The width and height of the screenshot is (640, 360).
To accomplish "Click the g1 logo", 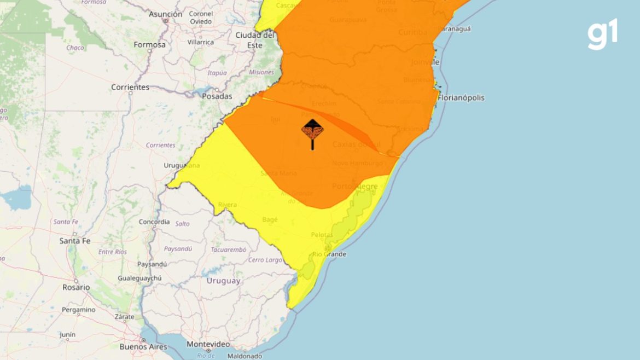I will coord(603,34).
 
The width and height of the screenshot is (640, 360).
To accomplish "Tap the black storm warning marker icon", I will coord(312,131).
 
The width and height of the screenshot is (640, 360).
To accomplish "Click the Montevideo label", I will coord(208,344).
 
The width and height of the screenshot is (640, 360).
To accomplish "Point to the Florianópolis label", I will coord(461,98).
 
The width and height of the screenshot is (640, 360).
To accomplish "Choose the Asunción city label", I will coord(165,14).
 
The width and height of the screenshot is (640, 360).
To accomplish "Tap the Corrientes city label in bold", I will coord(130,87).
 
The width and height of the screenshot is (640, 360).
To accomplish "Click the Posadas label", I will coord(217,96).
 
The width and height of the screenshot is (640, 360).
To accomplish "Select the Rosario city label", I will coord(76,287).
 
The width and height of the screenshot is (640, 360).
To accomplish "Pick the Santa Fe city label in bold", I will coord(74,241).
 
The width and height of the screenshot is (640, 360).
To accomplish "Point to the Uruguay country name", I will coord(223,281).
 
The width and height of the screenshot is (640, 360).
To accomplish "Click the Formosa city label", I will coord(149,44).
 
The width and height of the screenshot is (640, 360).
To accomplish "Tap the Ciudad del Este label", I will coord(254,40).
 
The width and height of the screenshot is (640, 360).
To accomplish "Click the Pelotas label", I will coord(322,235).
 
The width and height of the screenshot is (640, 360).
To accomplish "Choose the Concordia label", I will coord(154,222).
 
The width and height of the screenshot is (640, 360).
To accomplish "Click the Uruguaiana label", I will coord(182,165).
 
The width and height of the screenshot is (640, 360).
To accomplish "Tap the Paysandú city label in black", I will coord(152,264).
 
